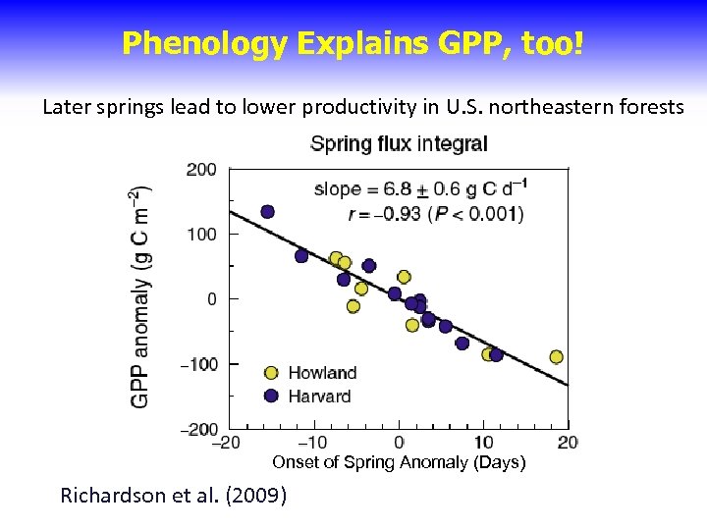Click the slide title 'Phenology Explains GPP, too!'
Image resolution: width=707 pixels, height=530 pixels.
pos(353,42)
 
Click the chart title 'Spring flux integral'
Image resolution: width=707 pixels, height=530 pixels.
pos(399,144)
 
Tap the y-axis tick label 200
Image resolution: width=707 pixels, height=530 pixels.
pos(202,170)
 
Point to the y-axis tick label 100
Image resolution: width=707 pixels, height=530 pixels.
pos(202,235)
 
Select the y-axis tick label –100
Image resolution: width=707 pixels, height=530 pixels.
pos(199,364)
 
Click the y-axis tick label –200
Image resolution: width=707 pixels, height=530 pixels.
pos(199,429)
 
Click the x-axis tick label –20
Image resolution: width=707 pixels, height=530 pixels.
pos(227,443)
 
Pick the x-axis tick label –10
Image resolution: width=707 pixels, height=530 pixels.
pos(312,443)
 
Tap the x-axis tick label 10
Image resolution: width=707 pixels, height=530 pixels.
pos(483,443)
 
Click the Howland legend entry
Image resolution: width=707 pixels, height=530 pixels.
pos(321,373)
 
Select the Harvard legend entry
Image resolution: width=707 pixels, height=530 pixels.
pos(318,397)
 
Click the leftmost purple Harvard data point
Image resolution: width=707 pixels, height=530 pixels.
pos(267,212)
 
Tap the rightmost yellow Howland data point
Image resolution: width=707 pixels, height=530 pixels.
pos(557,357)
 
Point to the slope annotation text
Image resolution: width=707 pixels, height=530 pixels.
pos(418,188)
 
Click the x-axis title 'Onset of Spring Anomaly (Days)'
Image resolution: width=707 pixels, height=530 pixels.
pos(399,462)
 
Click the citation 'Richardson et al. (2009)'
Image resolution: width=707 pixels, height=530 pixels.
pos(174,496)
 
